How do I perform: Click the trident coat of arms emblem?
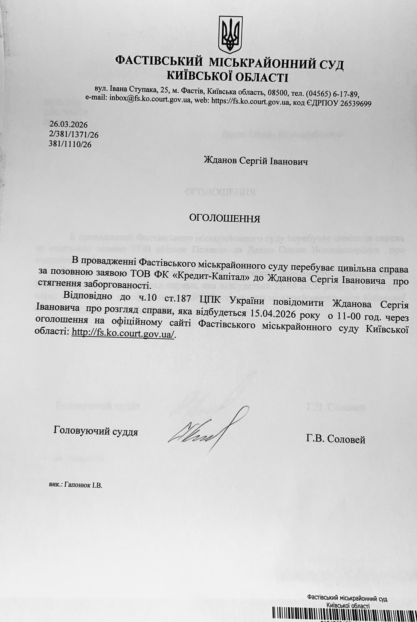[230, 34]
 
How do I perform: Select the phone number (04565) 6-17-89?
[333, 93]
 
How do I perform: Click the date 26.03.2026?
[69, 124]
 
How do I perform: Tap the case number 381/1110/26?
[70, 144]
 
